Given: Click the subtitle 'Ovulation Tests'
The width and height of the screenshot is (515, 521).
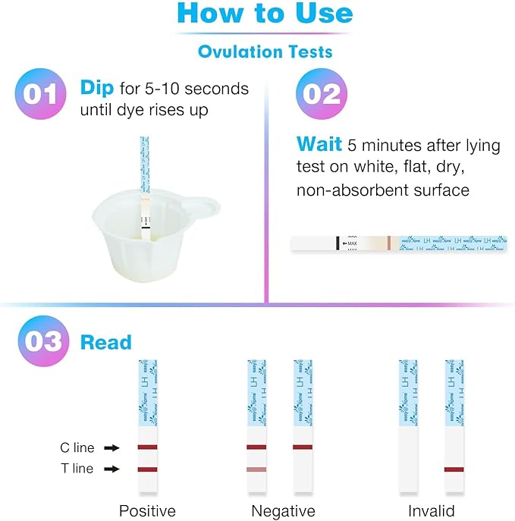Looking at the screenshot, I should coord(265,52).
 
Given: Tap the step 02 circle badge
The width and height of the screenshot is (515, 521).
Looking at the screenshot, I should coord(321,94).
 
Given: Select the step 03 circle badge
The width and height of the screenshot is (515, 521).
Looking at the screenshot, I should coord(39,341).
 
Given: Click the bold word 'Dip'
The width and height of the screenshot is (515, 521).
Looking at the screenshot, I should coord(96,87).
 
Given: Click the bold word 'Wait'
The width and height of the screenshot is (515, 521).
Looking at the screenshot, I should coord(319,144).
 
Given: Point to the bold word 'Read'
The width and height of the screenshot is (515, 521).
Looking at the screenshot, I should coord(105,342).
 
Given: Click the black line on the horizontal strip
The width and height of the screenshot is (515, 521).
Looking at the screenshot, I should coord(337,243).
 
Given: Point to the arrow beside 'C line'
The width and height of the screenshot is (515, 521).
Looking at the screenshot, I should coord(111,448).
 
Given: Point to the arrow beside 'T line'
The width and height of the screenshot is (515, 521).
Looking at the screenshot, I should coord(111,469).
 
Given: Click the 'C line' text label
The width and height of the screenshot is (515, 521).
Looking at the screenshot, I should coord(77,448).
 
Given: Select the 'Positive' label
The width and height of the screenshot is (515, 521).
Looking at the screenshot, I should coord(147,510).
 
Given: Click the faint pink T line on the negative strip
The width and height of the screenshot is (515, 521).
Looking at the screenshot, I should coord(256,470).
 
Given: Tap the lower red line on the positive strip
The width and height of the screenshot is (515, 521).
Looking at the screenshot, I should coord(147,470).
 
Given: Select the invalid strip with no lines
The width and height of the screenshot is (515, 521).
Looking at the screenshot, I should coord(408,432).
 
